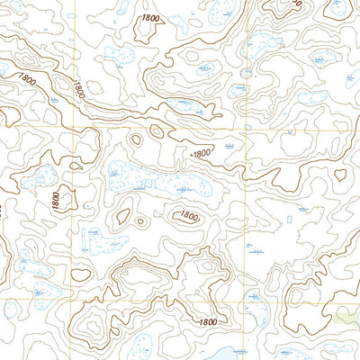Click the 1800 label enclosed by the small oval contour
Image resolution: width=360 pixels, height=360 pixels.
[x=188, y=215]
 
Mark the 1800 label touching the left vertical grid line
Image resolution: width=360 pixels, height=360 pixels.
[x=79, y=89]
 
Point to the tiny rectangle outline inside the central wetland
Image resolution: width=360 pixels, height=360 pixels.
[x=145, y=184]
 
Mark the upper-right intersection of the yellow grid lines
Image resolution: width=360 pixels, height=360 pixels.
[x=244, y=130]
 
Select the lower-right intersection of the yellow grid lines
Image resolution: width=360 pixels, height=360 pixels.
[x=243, y=301]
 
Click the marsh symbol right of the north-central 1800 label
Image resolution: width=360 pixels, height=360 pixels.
[x=229, y=144]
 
